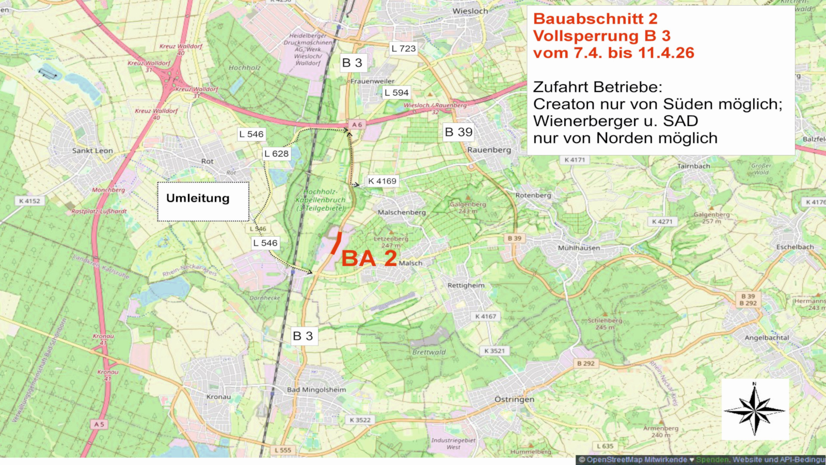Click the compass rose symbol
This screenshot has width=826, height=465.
(x=755, y=410)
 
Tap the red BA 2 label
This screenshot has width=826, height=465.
(x=369, y=258)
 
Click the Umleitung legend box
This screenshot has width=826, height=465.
(x=203, y=201)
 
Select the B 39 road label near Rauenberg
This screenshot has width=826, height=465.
(x=458, y=132)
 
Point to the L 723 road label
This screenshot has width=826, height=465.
(x=403, y=49)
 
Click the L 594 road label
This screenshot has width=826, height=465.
(x=396, y=93)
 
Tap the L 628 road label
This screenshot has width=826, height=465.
(x=277, y=153)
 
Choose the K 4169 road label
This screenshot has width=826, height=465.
(x=382, y=181)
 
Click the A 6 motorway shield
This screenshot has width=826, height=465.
(x=357, y=125)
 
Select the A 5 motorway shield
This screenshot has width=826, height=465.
(x=99, y=424)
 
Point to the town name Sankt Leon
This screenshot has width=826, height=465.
(x=92, y=151)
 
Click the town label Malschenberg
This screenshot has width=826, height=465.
(x=402, y=212)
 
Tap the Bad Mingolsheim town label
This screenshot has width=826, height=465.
(x=316, y=390)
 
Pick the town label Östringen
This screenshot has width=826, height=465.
(x=514, y=399)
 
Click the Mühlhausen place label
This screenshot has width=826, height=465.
(x=579, y=248)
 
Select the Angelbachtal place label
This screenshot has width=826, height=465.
(x=767, y=338)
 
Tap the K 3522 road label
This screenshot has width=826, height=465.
(x=360, y=420)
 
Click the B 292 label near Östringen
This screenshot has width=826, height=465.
(x=585, y=364)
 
